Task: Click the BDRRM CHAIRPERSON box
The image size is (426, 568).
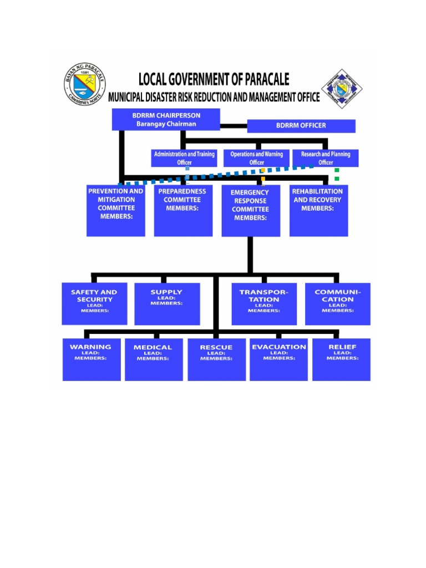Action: (166, 120)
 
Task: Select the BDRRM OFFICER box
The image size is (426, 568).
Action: (301, 126)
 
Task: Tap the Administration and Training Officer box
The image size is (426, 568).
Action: (184, 158)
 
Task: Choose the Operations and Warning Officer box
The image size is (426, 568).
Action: (256, 158)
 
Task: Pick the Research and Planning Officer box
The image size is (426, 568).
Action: (326, 158)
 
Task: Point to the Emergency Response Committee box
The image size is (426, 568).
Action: (250, 211)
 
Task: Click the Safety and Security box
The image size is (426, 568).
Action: (94, 303)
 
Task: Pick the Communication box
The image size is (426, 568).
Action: (337, 303)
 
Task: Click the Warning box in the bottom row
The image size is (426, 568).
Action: (91, 359)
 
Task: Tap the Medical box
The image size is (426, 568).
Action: (153, 359)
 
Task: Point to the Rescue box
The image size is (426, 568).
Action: (216, 359)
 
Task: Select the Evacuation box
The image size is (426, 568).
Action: (278, 359)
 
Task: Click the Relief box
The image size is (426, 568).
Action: (341, 359)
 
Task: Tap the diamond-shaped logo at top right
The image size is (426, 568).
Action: (342, 89)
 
